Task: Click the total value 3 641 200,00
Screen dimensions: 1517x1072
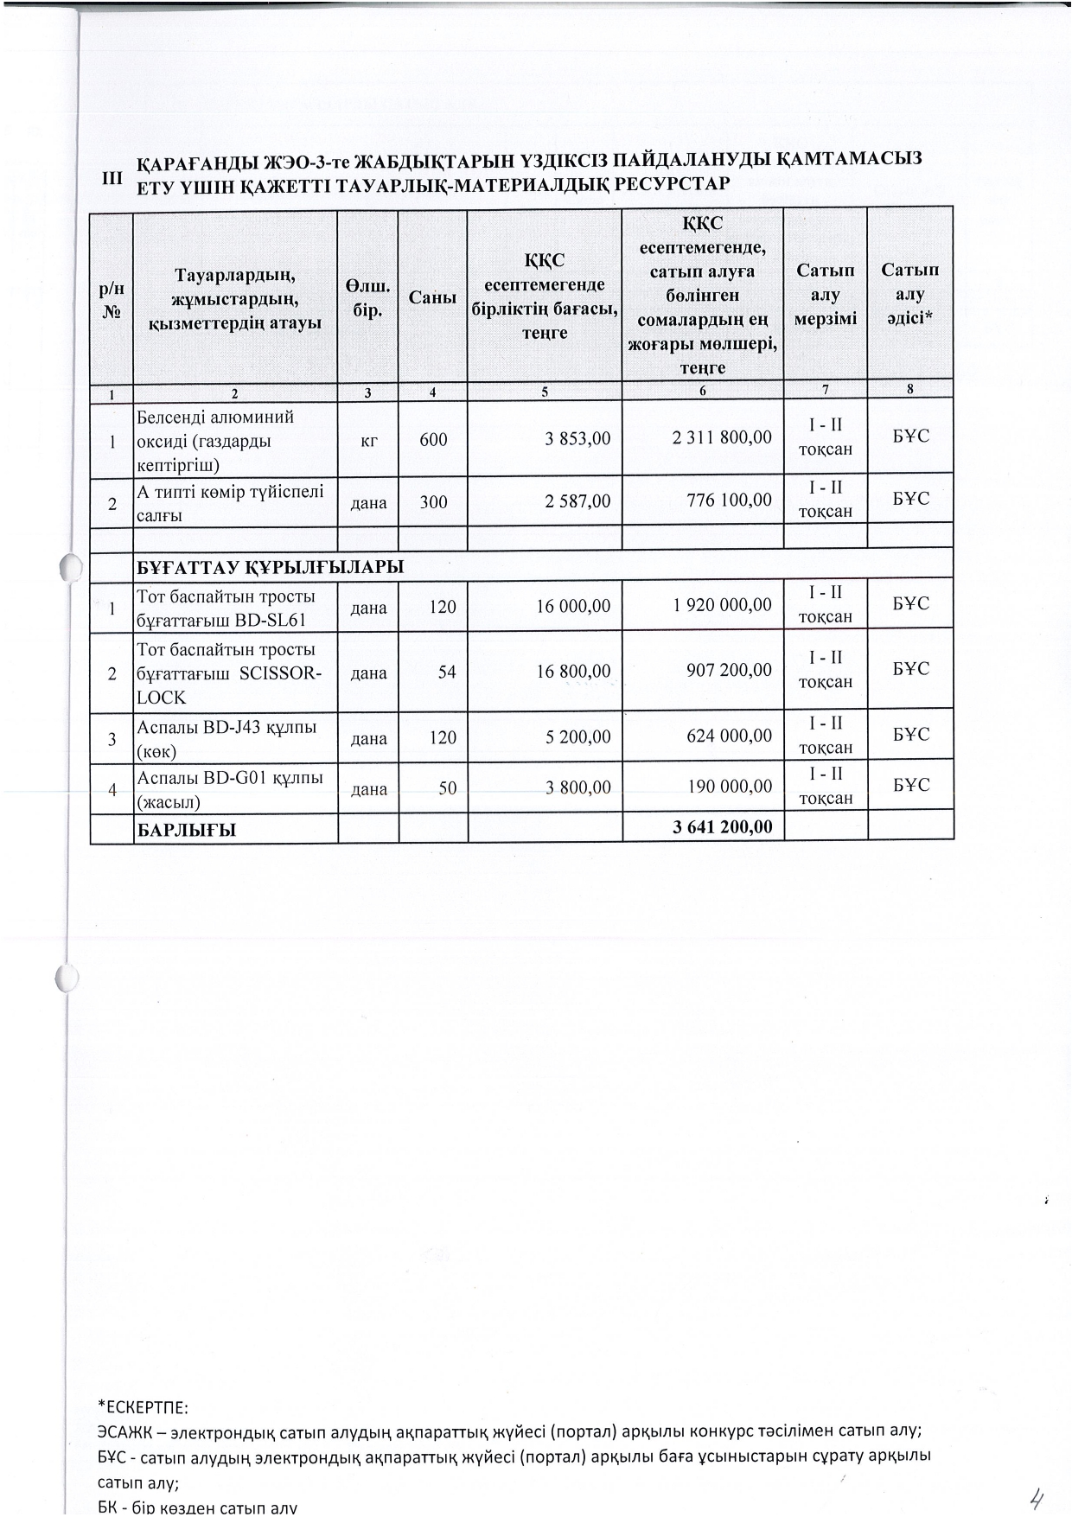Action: [723, 827]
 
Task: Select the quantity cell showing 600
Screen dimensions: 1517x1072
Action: [433, 439]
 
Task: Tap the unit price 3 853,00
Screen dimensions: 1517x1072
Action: [577, 438]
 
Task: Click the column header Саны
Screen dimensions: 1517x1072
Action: [432, 297]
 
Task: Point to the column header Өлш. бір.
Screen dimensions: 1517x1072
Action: [367, 297]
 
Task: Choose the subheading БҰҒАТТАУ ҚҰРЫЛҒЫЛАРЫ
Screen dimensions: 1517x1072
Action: [271, 568]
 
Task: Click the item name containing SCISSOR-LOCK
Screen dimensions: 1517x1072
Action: [229, 673]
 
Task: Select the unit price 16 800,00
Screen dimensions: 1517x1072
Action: [573, 671]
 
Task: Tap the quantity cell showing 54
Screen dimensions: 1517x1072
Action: [446, 672]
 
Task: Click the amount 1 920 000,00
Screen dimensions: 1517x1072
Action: [723, 605]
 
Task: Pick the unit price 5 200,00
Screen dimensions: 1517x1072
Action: [577, 737]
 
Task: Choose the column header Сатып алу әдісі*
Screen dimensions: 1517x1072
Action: [910, 294]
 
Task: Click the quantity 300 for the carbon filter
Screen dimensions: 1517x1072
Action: [433, 500]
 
